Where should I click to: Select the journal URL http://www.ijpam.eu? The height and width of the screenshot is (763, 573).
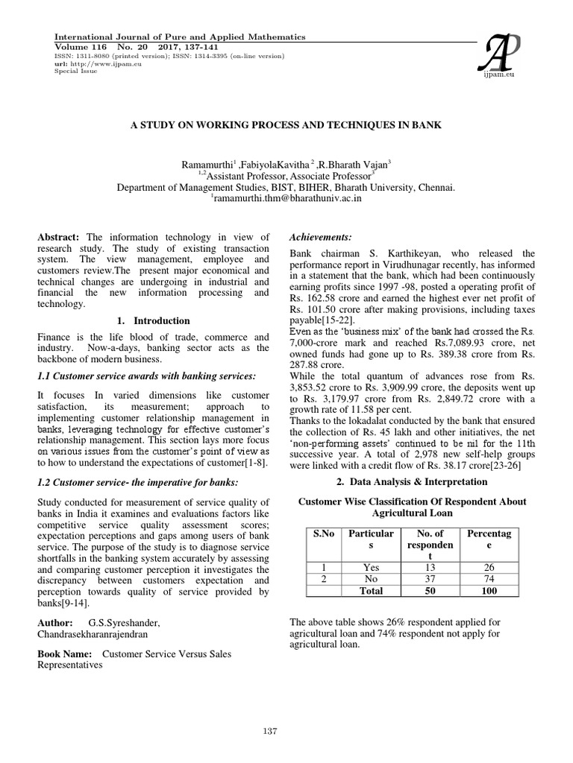click(92, 63)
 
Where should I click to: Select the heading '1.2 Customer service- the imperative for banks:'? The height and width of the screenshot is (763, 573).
click(138, 483)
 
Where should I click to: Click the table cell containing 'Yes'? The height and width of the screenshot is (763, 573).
click(370, 567)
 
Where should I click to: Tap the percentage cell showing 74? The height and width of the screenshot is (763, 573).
click(489, 579)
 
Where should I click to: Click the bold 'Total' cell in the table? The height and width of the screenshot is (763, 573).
click(370, 591)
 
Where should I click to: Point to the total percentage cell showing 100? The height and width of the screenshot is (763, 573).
click(489, 591)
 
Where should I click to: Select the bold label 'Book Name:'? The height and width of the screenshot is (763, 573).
click(64, 653)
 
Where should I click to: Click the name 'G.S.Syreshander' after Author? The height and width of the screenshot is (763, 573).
click(123, 621)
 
